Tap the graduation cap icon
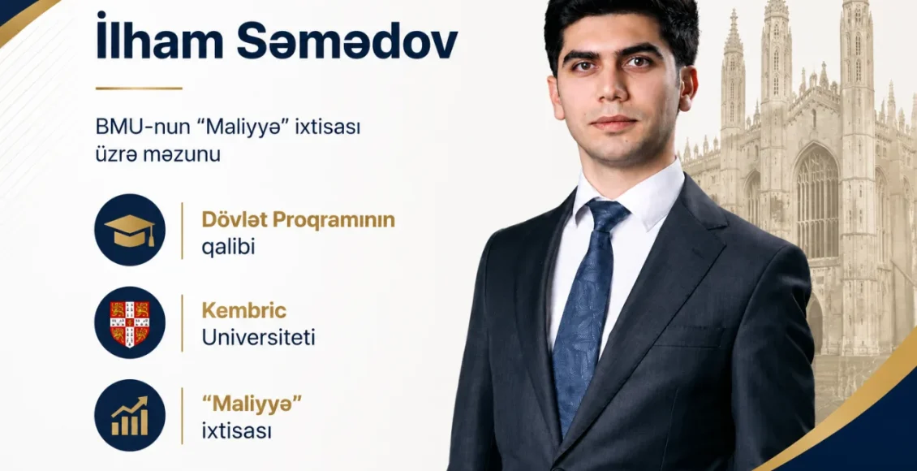pyautogui.click(x=130, y=230)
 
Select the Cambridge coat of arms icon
pyautogui.click(x=130, y=323)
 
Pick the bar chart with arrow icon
pyautogui.click(x=130, y=415)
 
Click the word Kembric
pyautogui.click(x=244, y=311)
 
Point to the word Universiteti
pyautogui.click(x=259, y=338)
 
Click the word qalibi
pyautogui.click(x=229, y=247)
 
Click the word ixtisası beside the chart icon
pyautogui.click(x=237, y=431)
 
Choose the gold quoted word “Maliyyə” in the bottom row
pyautogui.click(x=247, y=404)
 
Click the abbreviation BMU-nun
pyautogui.click(x=131, y=127)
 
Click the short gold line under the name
pyautogui.click(x=140, y=89)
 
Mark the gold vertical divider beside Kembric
pyautogui.click(x=182, y=323)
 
